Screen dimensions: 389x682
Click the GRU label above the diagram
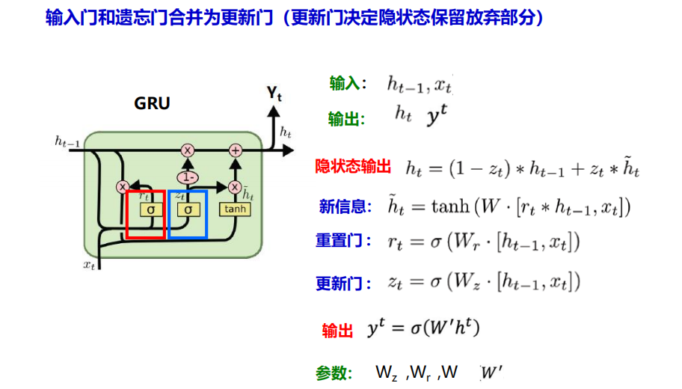[152, 103]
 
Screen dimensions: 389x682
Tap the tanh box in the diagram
[235, 209]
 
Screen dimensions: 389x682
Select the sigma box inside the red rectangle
[152, 210]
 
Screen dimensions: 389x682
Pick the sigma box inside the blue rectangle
[188, 210]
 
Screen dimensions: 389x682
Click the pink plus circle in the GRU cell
[236, 150]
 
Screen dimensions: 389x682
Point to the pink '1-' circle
[188, 177]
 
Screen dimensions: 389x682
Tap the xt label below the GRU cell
[90, 264]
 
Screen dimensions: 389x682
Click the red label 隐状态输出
[353, 167]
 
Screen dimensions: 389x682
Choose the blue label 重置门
[343, 241]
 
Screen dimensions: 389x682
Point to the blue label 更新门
[343, 284]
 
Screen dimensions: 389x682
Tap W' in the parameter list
[491, 372]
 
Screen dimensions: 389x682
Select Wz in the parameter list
[387, 373]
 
